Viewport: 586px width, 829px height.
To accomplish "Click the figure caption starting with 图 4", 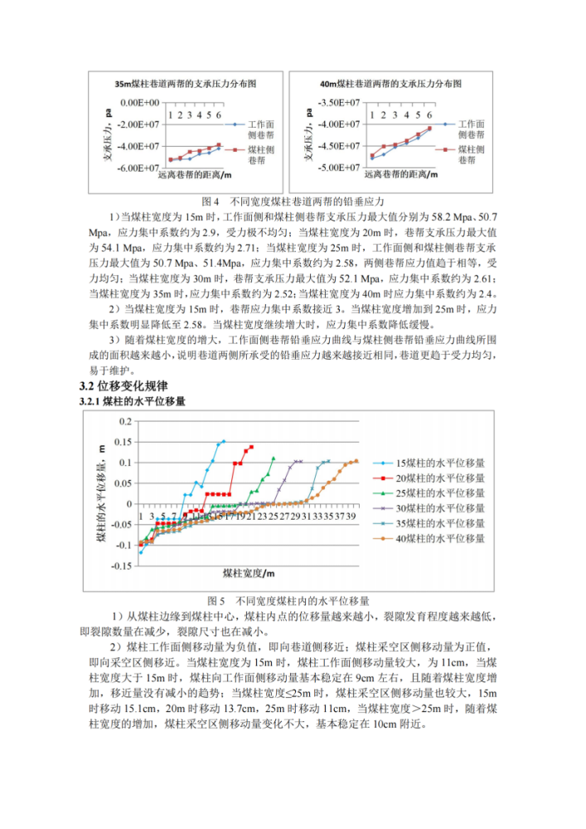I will tap(293, 201).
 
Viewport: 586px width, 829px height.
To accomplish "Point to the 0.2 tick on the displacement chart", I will tap(125, 421).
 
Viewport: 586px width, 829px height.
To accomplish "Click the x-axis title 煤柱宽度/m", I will tap(248, 574).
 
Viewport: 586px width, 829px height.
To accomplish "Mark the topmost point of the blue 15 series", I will tap(223, 441).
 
